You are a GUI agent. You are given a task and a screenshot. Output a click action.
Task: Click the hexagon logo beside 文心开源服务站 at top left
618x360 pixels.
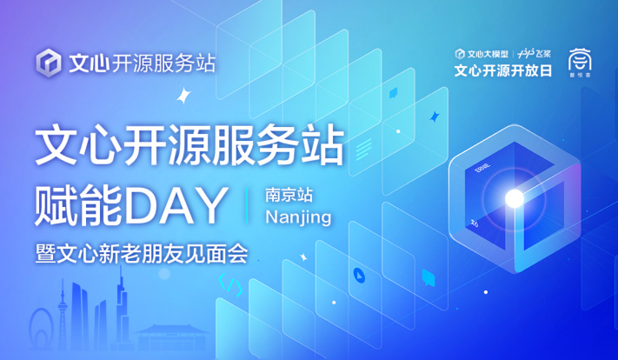pos(50,63)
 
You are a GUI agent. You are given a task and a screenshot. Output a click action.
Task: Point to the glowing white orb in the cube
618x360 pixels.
pos(515,199)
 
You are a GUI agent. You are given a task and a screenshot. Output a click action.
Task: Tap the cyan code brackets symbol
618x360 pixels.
pos(229,283)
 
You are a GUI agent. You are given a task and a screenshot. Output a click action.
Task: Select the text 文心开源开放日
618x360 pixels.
pos(503,70)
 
